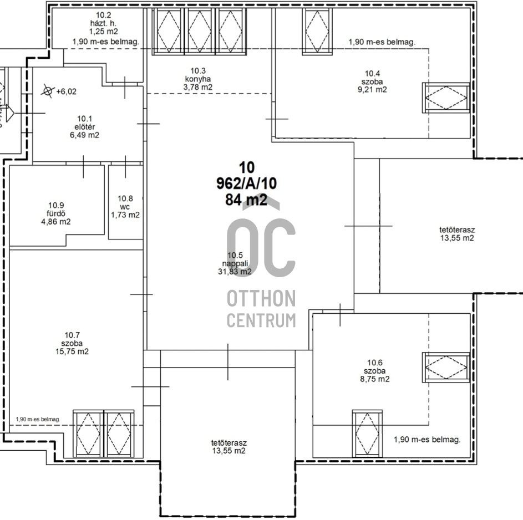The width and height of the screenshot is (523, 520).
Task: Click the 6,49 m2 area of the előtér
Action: (x=84, y=135)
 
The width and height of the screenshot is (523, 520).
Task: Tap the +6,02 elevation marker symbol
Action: (x=48, y=91)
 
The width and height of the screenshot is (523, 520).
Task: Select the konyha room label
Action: (x=198, y=79)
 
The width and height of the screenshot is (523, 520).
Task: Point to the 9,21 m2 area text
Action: (x=372, y=89)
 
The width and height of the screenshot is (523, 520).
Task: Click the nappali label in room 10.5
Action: (x=235, y=263)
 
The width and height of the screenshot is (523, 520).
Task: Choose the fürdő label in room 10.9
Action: (x=56, y=213)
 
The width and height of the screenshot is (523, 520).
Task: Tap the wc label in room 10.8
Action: (x=125, y=207)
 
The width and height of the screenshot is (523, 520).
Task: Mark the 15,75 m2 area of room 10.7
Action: (x=72, y=351)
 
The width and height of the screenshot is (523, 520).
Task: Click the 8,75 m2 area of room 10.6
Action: (x=375, y=379)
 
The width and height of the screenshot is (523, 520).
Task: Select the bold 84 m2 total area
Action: (x=246, y=200)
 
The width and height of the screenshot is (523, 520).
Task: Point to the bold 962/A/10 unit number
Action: (x=246, y=183)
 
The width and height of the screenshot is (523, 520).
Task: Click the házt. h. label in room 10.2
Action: (x=103, y=23)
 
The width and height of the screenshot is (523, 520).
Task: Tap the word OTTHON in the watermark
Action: (x=261, y=298)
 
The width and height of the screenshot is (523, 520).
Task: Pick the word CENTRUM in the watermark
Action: (x=261, y=320)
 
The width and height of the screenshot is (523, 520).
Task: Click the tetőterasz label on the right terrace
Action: (x=457, y=230)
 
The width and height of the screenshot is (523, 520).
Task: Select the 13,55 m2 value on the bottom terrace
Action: (x=229, y=451)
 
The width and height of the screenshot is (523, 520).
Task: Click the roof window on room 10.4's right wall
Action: (x=446, y=98)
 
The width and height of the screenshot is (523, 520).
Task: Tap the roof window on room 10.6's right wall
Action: (x=446, y=368)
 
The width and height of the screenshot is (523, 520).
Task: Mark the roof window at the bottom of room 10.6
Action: (x=367, y=434)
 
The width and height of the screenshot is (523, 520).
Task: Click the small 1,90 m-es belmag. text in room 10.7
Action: (x=38, y=419)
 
